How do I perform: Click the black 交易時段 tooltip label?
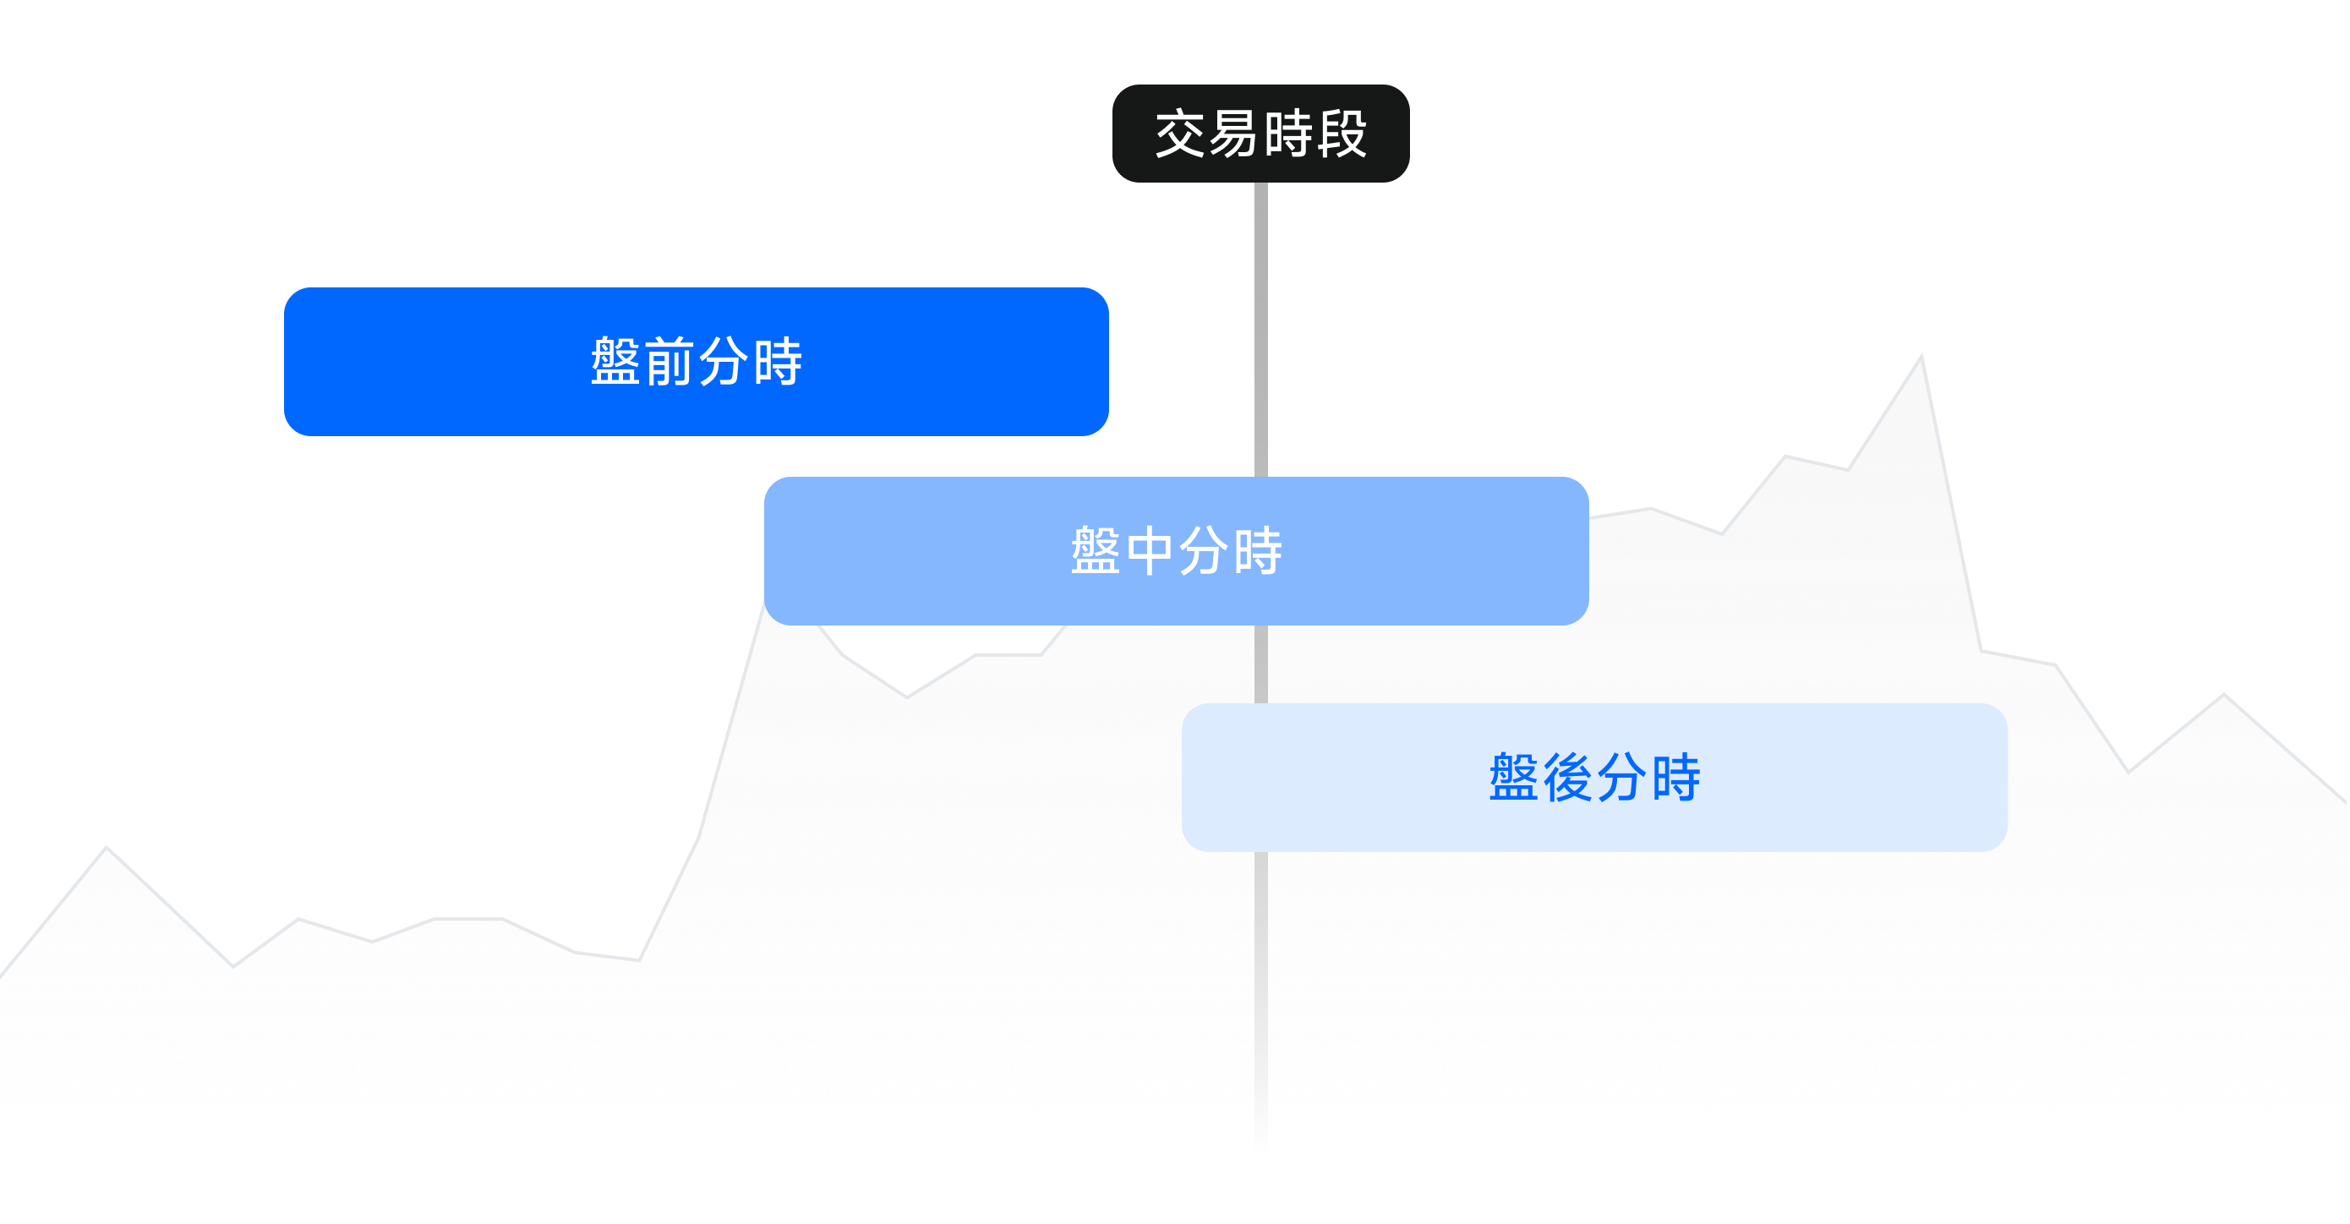coord(1260,134)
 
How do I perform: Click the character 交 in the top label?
coord(1180,134)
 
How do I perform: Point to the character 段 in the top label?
coord(1341,134)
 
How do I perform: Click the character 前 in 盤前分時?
coord(669,362)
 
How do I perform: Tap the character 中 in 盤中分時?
coord(1150,551)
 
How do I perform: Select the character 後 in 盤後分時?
coord(1567,778)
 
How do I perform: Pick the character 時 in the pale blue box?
coord(1675,778)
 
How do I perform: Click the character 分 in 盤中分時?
coord(1203,551)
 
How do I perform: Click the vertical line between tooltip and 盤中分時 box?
coord(1260,328)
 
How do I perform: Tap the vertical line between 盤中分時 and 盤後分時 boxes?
coord(1260,664)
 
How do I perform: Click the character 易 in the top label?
coord(1233,134)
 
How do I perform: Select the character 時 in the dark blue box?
coord(777,362)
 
